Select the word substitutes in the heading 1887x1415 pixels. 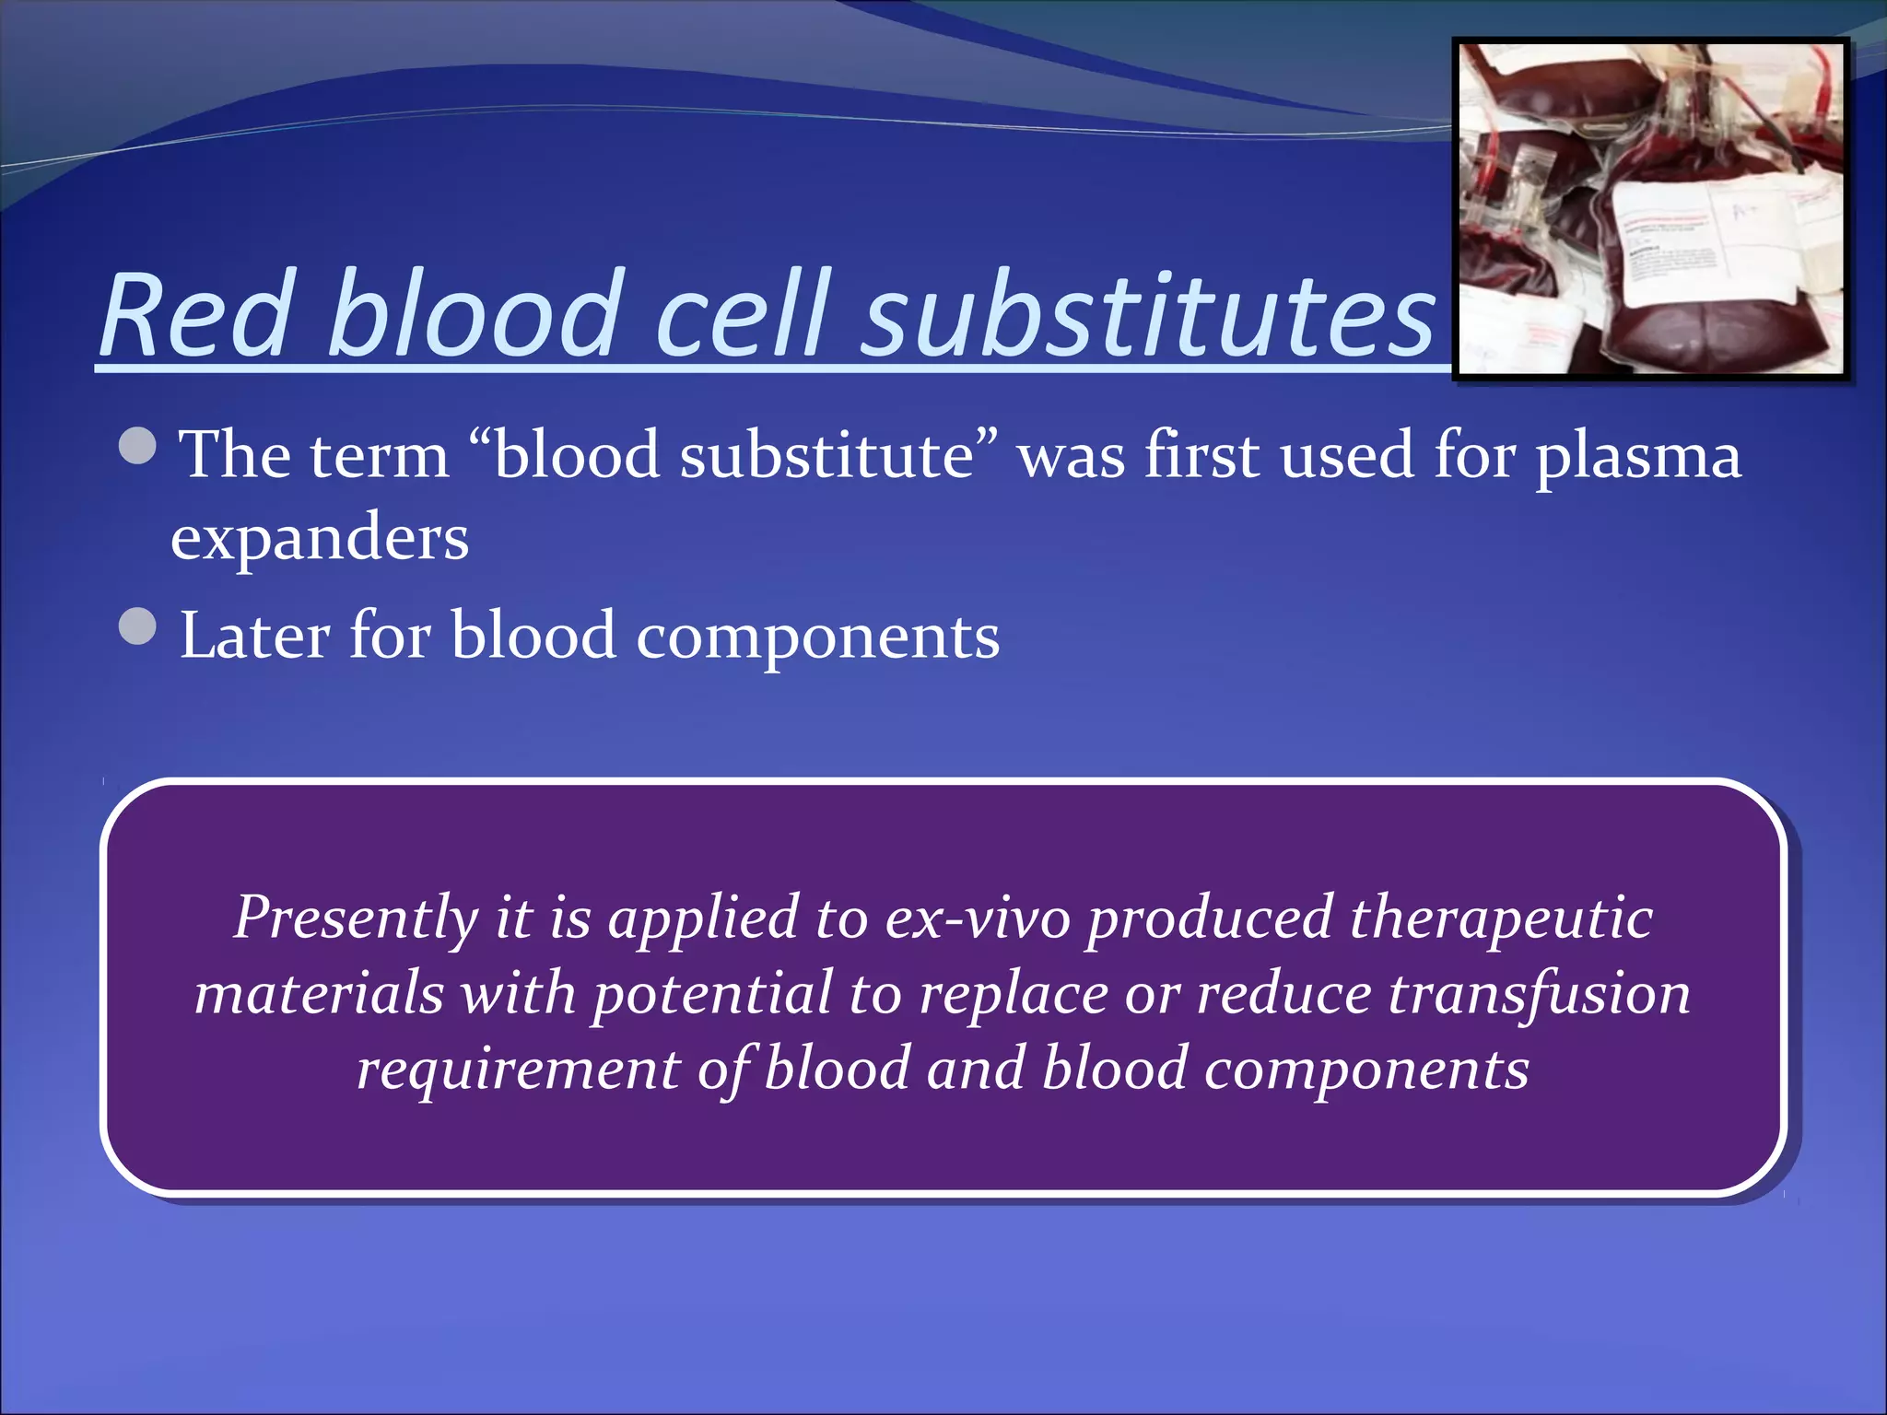pyautogui.click(x=1148, y=315)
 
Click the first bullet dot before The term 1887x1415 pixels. pyautogui.click(x=138, y=447)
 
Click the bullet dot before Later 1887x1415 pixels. pyautogui.click(x=138, y=627)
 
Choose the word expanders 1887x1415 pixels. pyautogui.click(x=320, y=538)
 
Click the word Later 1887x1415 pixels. pyautogui.click(x=254, y=636)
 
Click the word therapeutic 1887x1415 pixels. pyautogui.click(x=1501, y=918)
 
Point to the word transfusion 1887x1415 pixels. pyautogui.click(x=1539, y=994)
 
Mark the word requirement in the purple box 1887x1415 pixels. pyautogui.click(x=518, y=1070)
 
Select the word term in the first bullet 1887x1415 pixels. pyautogui.click(x=380, y=455)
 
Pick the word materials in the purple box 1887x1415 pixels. pyautogui.click(x=319, y=994)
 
